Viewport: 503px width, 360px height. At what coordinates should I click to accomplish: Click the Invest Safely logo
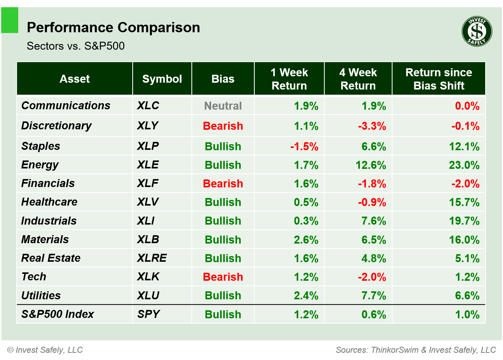(477, 31)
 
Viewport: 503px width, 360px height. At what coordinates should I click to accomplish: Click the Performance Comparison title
(113, 28)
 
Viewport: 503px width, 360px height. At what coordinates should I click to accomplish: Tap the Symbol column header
(162, 79)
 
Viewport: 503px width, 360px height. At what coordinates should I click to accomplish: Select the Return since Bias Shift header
(439, 79)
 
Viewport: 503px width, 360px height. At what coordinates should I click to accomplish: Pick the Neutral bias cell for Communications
(223, 106)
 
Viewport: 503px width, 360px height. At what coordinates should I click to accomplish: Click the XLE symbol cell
(148, 165)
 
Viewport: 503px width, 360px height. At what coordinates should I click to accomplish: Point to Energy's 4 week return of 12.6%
(371, 165)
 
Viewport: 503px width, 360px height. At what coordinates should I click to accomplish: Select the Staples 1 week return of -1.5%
(304, 146)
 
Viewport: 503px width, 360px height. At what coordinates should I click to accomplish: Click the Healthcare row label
(49, 202)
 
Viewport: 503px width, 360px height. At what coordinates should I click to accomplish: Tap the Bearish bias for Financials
(223, 184)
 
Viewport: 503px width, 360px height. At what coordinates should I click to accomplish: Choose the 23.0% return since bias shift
(464, 165)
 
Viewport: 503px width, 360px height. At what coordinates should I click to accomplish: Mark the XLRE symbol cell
(152, 258)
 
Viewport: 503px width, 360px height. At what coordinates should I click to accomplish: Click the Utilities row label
(41, 296)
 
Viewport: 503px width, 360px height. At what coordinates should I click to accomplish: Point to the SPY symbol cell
(149, 314)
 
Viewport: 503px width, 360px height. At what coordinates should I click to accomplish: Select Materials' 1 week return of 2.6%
(306, 240)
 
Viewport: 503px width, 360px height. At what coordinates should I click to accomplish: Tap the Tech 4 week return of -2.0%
(372, 277)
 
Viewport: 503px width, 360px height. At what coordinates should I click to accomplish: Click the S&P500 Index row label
(58, 314)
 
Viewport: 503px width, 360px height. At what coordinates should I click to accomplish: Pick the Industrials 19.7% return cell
(464, 221)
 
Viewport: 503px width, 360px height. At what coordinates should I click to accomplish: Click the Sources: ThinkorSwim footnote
(415, 350)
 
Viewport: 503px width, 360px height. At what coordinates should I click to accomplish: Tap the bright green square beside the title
(10, 20)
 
